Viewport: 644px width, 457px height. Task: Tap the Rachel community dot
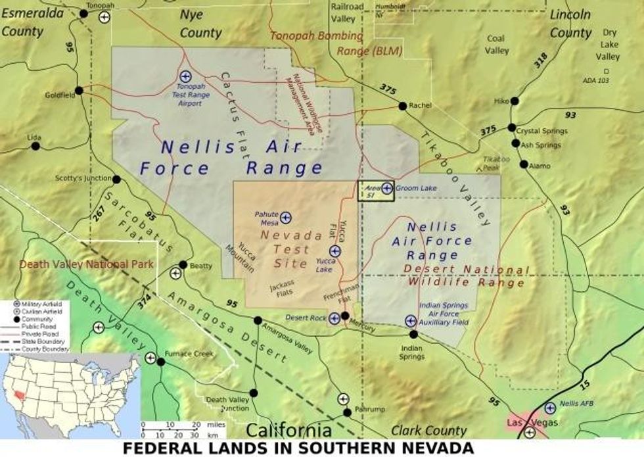(402, 105)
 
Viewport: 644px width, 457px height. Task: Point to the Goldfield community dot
(79, 91)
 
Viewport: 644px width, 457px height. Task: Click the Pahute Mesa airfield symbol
(286, 217)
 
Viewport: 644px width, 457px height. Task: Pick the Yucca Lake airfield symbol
(335, 251)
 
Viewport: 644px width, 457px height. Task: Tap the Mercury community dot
(345, 316)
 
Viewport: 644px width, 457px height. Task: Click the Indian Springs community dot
(413, 334)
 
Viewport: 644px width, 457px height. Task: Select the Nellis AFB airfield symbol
(550, 408)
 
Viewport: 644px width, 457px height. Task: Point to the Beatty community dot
(183, 265)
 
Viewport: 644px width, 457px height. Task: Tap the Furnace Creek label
(194, 353)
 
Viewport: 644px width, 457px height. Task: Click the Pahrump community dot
(347, 412)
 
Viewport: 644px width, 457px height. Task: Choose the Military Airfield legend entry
(40, 304)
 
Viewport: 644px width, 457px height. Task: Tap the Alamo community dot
(524, 164)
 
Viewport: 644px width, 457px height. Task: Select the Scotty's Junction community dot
(116, 179)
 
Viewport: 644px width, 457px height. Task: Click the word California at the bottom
(288, 431)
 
